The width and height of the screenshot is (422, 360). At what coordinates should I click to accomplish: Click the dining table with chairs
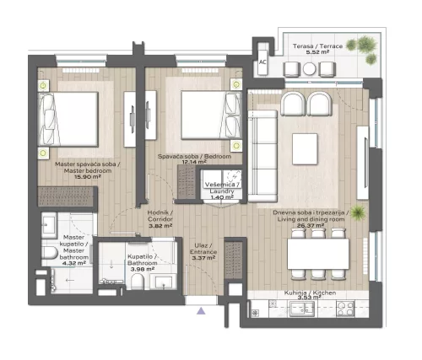tap(318, 253)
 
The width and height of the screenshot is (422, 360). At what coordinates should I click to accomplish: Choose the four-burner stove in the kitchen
tap(346, 309)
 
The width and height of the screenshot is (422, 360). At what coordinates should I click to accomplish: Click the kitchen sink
tap(300, 309)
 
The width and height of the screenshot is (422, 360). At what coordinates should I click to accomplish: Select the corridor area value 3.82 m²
tap(160, 226)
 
